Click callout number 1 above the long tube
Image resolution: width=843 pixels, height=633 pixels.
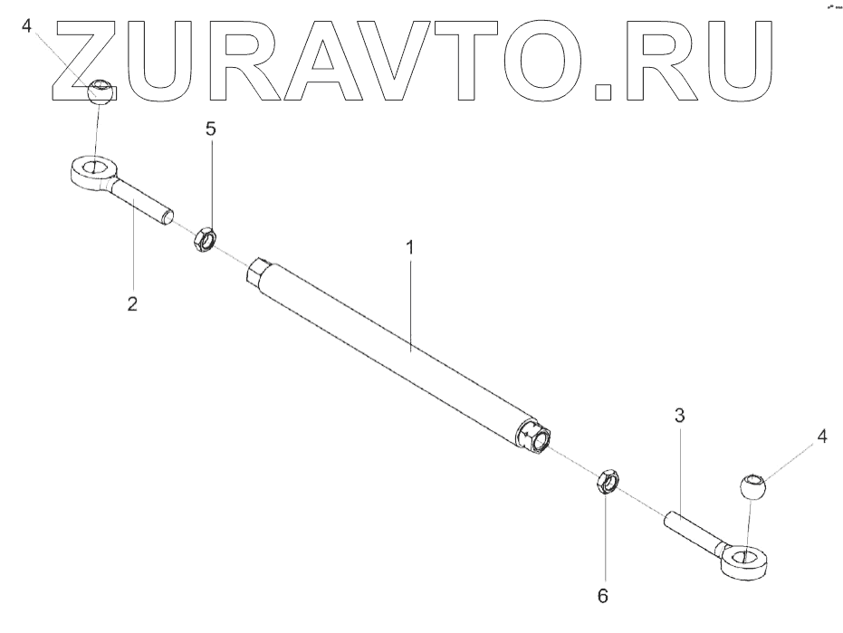click(410, 247)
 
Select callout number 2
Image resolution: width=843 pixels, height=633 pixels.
click(132, 304)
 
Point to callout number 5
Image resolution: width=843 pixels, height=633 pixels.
click(211, 129)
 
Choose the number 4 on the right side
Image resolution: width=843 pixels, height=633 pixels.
click(822, 436)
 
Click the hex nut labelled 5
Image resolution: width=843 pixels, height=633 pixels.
click(204, 240)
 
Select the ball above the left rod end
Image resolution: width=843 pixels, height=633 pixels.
click(101, 91)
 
